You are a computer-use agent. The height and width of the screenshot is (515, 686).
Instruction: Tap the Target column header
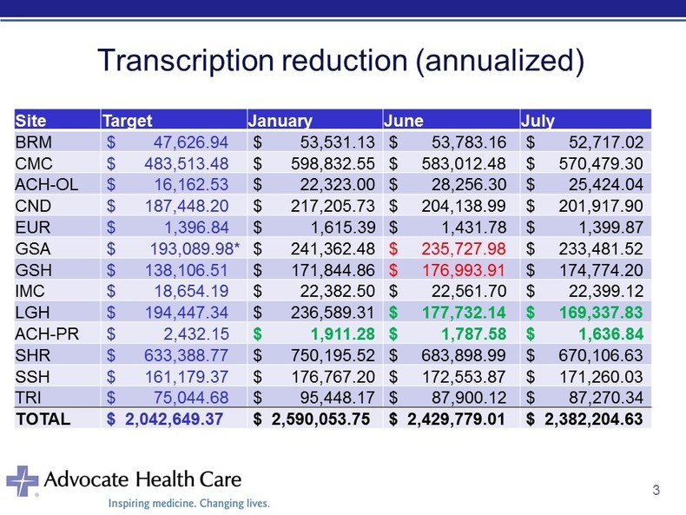click(128, 121)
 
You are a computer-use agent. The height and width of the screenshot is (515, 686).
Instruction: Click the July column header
click(537, 121)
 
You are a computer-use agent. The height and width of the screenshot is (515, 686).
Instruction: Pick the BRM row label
click(32, 140)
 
